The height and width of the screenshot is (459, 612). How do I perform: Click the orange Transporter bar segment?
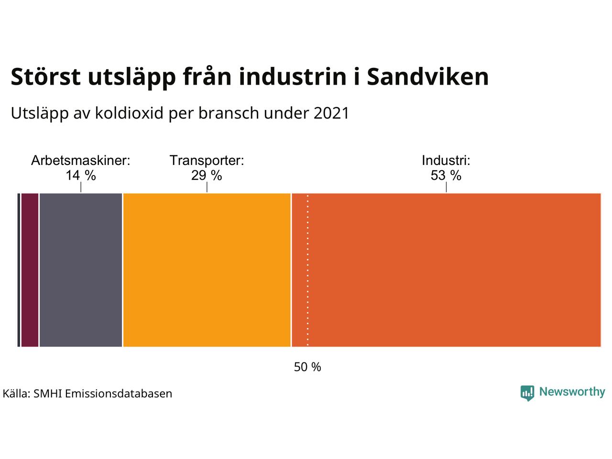tap(207, 270)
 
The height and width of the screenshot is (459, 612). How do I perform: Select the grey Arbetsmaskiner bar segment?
tap(81, 270)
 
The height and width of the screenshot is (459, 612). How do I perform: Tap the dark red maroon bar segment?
tap(30, 270)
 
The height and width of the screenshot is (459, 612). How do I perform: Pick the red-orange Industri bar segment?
tap(446, 270)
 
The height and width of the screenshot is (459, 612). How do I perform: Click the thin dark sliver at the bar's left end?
tap(19, 270)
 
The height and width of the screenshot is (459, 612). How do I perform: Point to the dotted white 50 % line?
tap(307, 270)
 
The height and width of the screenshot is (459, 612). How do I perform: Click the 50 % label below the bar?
tap(307, 367)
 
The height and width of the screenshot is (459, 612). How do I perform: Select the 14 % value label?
tap(81, 175)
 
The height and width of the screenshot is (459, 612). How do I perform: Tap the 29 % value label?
tap(207, 175)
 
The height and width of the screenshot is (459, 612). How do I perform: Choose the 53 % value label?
tap(446, 175)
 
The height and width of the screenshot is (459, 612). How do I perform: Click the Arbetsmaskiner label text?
tap(81, 161)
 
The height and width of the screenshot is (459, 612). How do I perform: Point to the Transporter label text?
tap(207, 161)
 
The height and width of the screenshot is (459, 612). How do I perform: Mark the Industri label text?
tap(446, 161)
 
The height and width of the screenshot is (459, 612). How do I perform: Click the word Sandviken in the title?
tap(427, 76)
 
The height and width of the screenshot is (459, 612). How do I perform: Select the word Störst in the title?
tap(46, 76)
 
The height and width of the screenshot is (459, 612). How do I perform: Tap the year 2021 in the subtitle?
tap(331, 113)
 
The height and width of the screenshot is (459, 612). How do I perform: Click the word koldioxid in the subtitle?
tap(129, 113)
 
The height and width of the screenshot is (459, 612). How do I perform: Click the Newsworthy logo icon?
tap(527, 393)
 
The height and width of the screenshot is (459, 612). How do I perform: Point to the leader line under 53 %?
tap(446, 187)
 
